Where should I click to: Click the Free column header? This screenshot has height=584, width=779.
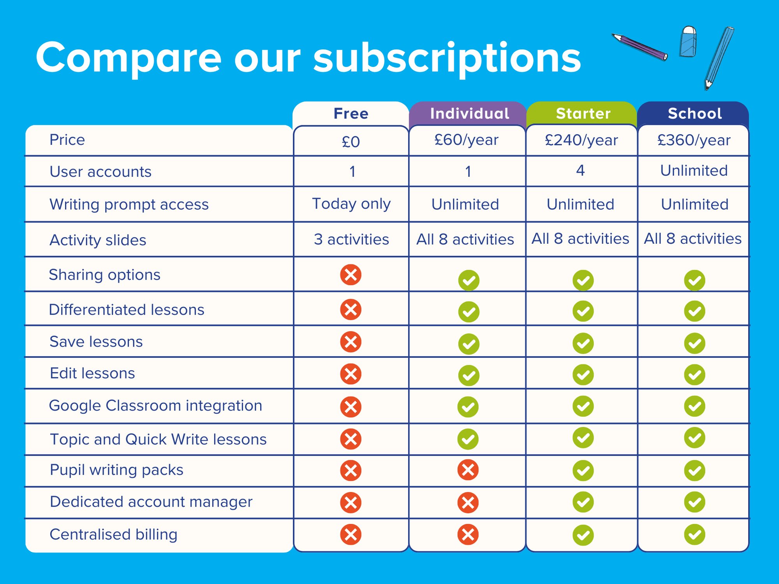click(x=351, y=114)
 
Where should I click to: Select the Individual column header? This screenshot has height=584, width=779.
click(x=469, y=114)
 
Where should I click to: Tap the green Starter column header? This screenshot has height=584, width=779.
click(x=583, y=114)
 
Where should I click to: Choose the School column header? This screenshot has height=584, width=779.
click(x=694, y=114)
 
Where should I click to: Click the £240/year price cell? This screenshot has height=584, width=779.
click(x=581, y=140)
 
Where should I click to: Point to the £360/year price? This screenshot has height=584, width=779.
click(x=694, y=140)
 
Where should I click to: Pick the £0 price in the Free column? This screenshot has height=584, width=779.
click(x=351, y=142)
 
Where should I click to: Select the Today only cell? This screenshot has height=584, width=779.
click(x=351, y=204)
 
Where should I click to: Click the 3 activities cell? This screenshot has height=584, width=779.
click(x=351, y=239)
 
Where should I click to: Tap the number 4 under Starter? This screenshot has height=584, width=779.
click(x=580, y=171)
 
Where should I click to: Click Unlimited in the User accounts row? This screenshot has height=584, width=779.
click(x=694, y=171)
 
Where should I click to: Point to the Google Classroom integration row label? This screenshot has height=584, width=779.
click(x=155, y=406)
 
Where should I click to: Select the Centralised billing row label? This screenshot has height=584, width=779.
click(x=113, y=535)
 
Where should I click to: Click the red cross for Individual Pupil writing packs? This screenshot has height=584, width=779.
click(x=468, y=470)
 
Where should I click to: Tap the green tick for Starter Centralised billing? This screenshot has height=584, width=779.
click(x=583, y=535)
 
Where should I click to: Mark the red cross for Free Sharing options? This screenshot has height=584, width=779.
click(x=351, y=275)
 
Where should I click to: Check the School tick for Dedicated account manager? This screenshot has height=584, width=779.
click(x=694, y=502)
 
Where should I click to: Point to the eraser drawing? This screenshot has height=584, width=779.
click(x=688, y=42)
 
